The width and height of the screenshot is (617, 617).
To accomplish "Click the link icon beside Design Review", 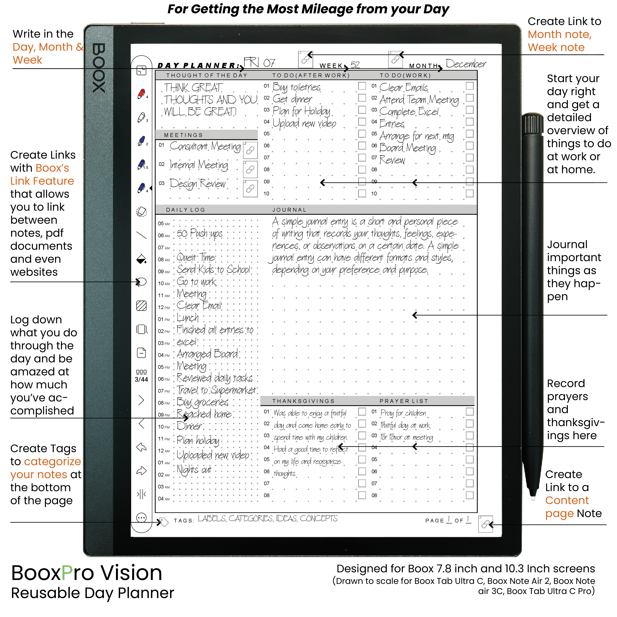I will pyautogui.click(x=250, y=188).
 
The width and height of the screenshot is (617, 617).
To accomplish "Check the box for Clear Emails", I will pyautogui.click(x=470, y=86).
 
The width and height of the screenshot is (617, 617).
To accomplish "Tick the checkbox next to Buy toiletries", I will pyautogui.click(x=362, y=86).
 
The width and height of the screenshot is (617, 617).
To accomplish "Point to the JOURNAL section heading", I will pyautogui.click(x=289, y=210).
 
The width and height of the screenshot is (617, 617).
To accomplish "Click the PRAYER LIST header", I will pyautogui.click(x=404, y=401).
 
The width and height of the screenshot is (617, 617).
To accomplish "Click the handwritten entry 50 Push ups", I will pyautogui.click(x=200, y=233).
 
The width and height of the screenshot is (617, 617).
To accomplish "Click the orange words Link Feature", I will pyautogui.click(x=42, y=181).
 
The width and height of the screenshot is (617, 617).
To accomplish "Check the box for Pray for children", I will pyautogui.click(x=470, y=412).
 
